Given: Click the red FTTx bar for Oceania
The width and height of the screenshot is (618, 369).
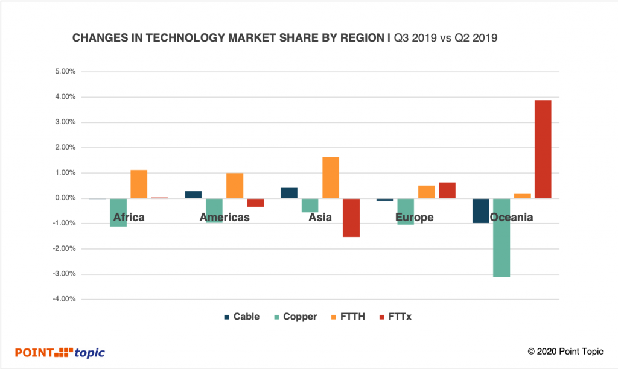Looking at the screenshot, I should tap(543, 149).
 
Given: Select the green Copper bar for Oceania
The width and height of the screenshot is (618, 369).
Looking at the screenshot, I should tap(502, 238).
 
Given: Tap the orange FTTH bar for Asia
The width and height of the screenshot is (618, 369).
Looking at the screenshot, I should tap(331, 177).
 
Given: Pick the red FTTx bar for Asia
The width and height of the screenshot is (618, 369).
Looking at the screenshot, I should tap(351, 218).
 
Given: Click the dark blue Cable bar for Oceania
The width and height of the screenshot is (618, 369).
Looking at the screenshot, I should tap(481, 210).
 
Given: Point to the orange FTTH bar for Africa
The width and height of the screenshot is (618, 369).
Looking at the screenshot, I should tap(139, 184).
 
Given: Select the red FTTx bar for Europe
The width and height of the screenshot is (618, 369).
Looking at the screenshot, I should tap(447, 190).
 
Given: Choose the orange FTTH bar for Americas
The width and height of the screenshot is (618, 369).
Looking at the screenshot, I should tap(235, 186).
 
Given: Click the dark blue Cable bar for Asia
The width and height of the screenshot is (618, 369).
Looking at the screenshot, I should tap(289, 192).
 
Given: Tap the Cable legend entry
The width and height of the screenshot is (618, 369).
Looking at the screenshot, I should tap(241, 317).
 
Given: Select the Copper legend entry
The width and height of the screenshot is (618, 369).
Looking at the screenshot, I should tap(295, 317).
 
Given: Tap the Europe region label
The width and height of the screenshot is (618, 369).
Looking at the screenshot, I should tap(415, 217).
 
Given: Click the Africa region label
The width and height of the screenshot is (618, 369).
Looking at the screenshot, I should tap(129, 217).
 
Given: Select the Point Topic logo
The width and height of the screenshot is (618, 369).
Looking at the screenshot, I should tap(60, 352).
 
